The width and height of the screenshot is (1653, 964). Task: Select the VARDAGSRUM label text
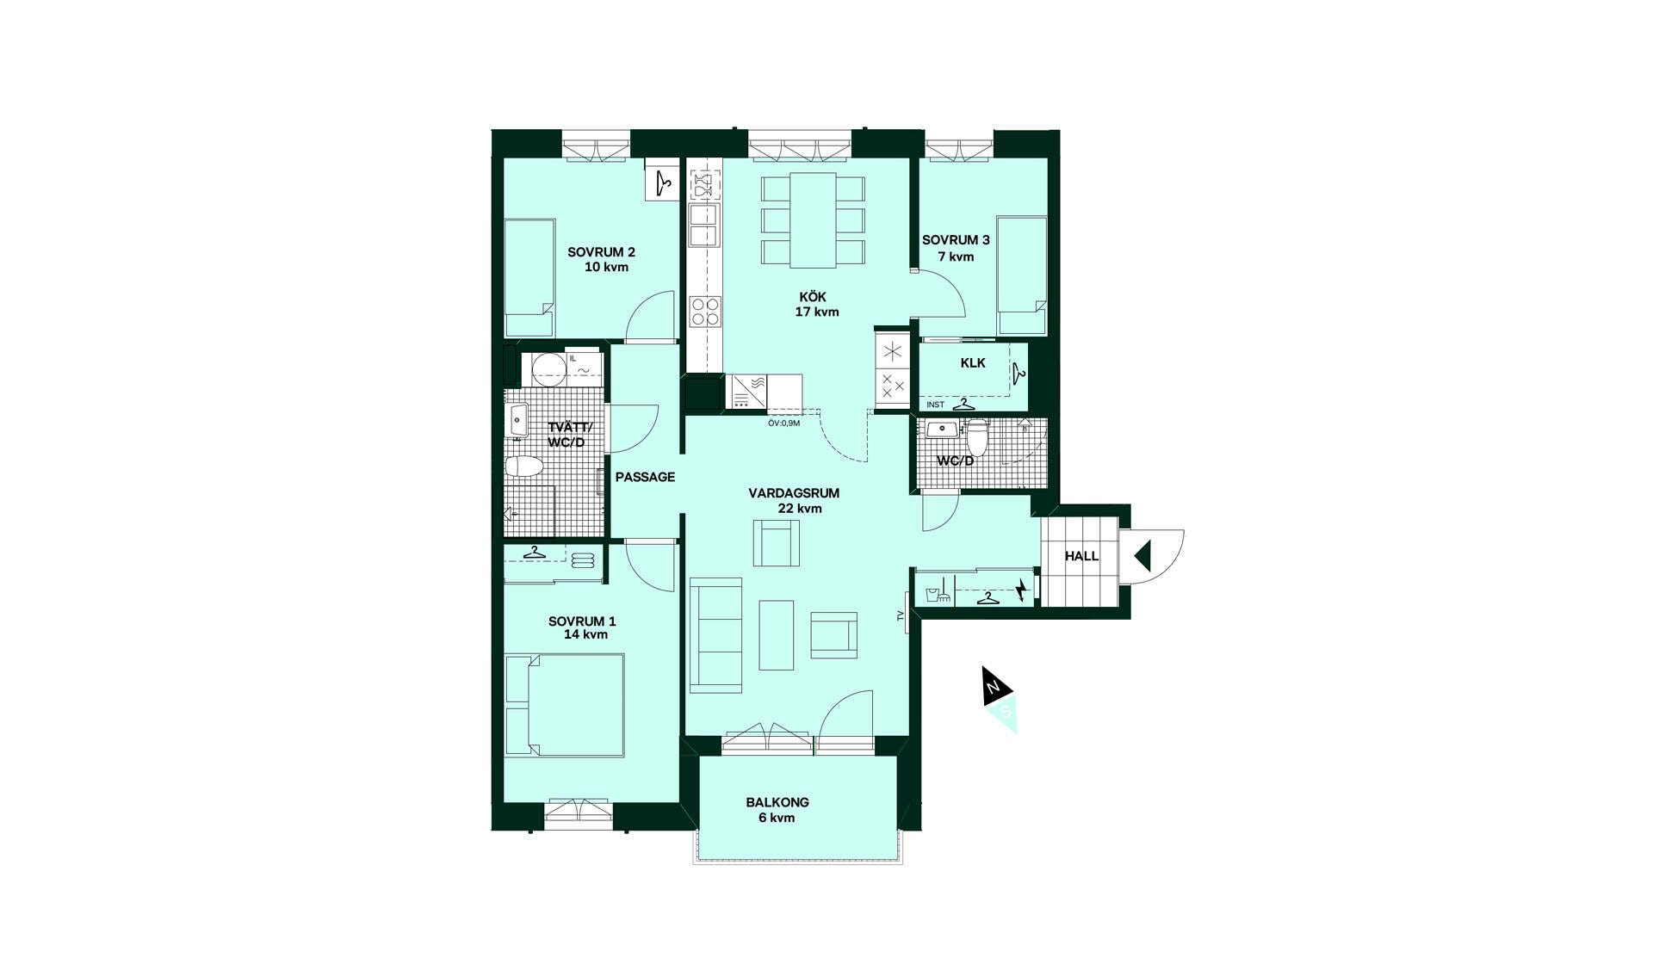point(794,493)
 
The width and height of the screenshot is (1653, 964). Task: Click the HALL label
point(1081,556)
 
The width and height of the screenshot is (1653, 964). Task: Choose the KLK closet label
point(973,363)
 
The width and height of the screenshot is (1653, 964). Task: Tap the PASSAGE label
point(645,477)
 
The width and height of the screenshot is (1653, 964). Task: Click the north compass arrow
point(994,686)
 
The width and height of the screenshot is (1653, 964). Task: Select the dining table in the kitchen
point(813,220)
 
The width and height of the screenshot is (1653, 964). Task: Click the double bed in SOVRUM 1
point(565,706)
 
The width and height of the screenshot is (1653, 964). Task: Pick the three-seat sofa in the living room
point(715,635)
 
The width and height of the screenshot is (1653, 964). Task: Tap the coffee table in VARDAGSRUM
point(776,634)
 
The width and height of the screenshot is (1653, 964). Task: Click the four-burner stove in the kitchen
point(704,312)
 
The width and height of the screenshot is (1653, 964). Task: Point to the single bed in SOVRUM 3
point(1022,275)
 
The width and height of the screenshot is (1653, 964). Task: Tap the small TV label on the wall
point(901,616)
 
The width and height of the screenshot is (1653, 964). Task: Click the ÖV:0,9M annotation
point(783,423)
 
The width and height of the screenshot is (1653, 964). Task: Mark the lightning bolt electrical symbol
point(1021,590)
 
